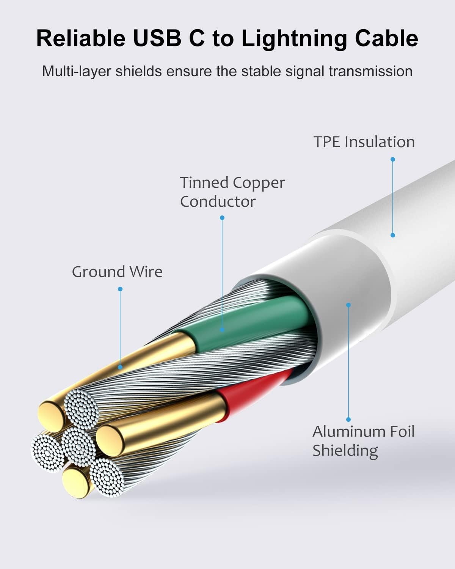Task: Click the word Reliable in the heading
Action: coord(81,38)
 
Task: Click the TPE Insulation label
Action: coord(364,142)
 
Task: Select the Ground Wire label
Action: coord(117,272)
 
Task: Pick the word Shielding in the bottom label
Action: coord(345,451)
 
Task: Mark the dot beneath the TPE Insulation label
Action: coord(393,159)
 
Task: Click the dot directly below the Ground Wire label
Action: coord(120,289)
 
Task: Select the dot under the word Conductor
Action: coord(222,218)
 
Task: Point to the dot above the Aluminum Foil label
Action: coord(348,419)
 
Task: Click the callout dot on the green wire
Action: coord(222,330)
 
